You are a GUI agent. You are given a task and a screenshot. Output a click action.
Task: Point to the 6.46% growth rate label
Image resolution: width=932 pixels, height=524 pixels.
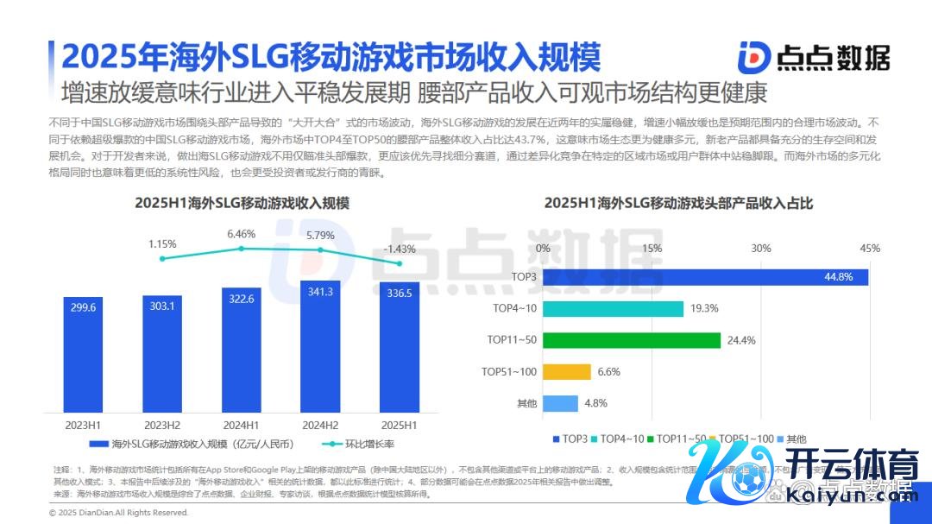click(x=242, y=234)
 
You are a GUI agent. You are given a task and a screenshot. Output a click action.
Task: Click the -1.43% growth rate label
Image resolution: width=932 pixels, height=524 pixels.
click(x=400, y=249)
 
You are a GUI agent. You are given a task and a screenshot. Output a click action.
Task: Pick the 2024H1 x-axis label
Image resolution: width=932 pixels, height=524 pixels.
click(x=242, y=425)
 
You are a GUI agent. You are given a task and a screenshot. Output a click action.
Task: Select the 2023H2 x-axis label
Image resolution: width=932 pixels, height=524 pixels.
click(x=162, y=425)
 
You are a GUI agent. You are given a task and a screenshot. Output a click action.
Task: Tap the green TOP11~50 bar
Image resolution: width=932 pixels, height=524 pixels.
click(x=632, y=340)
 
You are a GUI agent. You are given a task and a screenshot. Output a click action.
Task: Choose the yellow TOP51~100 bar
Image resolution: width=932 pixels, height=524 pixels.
click(x=567, y=372)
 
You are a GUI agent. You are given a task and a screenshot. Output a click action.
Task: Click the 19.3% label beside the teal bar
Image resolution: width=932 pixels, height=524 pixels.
click(x=704, y=308)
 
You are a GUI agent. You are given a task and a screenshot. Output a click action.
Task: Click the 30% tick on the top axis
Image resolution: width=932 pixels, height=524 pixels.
click(x=760, y=249)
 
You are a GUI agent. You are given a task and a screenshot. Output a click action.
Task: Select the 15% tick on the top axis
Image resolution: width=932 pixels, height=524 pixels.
click(x=652, y=249)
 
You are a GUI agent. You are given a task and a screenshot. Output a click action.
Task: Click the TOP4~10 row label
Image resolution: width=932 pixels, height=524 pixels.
click(x=515, y=308)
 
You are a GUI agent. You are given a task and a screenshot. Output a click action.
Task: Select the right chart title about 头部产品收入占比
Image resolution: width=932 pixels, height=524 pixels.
click(x=678, y=204)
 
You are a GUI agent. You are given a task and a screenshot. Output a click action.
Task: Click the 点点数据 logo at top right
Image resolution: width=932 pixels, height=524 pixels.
click(x=813, y=57)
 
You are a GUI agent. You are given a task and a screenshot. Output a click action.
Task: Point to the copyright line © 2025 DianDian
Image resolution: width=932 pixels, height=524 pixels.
click(x=118, y=512)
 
